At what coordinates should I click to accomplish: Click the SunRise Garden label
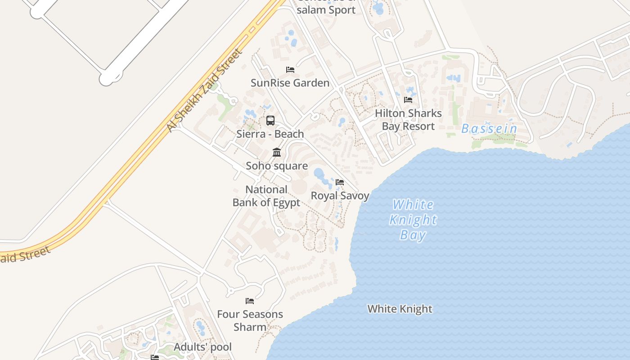click(x=290, y=83)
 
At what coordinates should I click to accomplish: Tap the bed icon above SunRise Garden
click(x=290, y=70)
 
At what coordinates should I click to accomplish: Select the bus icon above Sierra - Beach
click(x=270, y=121)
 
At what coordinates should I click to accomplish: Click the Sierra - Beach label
click(x=270, y=134)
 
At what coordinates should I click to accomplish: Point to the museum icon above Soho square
click(x=277, y=153)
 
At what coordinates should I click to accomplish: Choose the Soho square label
click(x=277, y=166)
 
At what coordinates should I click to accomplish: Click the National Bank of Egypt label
click(x=266, y=196)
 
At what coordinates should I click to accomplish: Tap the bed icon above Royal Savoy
click(x=340, y=182)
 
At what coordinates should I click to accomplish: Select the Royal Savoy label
click(x=340, y=196)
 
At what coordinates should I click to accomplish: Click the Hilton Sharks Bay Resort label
click(x=408, y=120)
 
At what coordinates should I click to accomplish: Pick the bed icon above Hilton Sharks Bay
click(x=408, y=100)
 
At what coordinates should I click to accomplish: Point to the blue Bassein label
click(x=489, y=129)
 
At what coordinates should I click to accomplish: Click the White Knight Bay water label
click(x=413, y=220)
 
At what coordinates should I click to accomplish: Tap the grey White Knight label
click(x=400, y=309)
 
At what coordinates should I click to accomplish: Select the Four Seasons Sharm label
click(x=250, y=320)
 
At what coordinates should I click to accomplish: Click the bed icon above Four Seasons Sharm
click(x=250, y=301)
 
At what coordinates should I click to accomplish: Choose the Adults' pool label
click(x=202, y=347)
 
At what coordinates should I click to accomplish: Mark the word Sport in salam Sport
click(x=340, y=9)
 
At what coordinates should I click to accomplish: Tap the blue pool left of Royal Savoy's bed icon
click(x=319, y=173)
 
